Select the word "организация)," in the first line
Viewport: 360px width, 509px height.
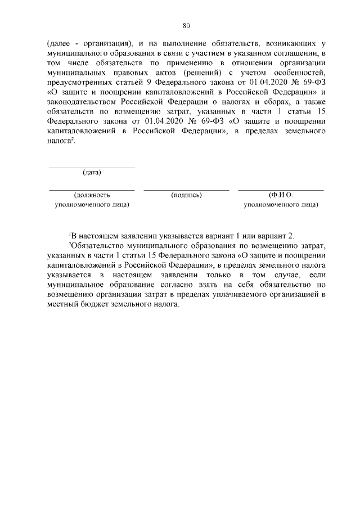(x=113, y=43)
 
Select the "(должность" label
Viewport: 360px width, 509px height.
(x=92, y=195)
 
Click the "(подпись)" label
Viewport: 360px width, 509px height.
(x=186, y=195)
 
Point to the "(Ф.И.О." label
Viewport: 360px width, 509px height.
(x=281, y=195)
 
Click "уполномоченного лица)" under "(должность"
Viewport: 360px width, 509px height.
(x=92, y=205)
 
